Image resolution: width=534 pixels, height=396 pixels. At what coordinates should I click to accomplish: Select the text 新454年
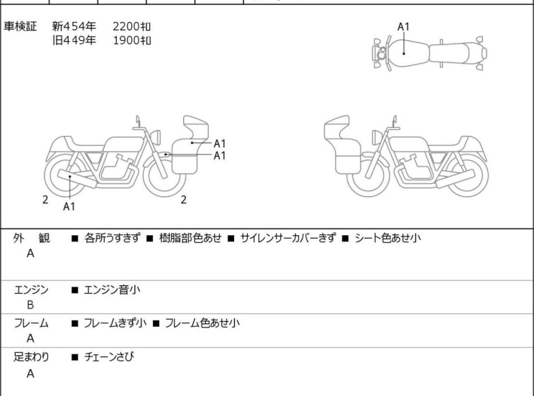tap(74, 26)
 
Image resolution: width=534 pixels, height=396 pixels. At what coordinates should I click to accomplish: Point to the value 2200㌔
tap(132, 26)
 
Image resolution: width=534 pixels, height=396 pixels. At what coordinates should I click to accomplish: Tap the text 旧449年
tap(74, 40)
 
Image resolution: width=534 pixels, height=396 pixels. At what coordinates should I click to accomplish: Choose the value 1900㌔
tap(132, 40)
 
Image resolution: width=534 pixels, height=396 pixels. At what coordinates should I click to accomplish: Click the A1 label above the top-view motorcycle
tap(403, 27)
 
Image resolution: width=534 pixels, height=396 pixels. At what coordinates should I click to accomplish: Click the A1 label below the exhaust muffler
tap(69, 207)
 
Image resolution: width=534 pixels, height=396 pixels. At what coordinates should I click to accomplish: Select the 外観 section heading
tap(32, 239)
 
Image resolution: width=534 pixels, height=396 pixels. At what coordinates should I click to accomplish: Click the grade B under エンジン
tap(30, 305)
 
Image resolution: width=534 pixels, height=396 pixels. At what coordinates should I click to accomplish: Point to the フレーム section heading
tap(32, 323)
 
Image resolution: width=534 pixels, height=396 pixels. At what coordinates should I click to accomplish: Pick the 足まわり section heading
tap(32, 357)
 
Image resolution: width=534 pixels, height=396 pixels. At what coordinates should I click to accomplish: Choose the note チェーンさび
tap(109, 357)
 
